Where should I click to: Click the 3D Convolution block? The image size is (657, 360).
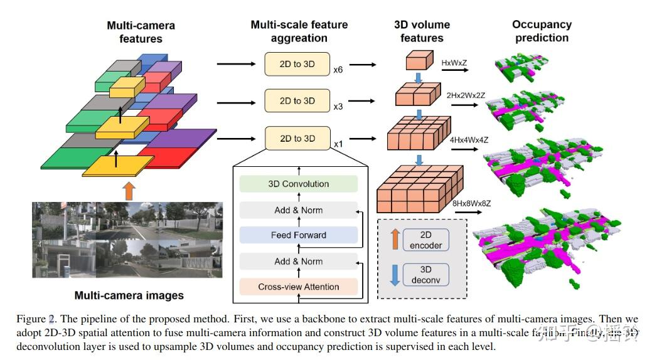pos(299,184)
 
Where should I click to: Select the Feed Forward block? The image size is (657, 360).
pos(299,235)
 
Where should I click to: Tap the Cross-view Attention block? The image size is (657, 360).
pos(299,287)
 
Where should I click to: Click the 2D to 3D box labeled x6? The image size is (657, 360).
pos(297,64)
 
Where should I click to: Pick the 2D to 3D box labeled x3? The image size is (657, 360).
pos(297,100)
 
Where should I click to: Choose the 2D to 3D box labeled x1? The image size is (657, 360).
pos(297,138)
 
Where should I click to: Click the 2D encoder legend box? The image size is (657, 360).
pos(425,240)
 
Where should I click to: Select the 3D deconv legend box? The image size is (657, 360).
pos(425,275)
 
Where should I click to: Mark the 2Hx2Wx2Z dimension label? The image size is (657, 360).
pos(466,95)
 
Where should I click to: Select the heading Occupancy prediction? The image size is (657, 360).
pos(542,31)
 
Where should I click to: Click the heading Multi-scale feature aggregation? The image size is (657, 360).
pos(299,31)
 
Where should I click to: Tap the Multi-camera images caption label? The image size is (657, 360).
pos(129,295)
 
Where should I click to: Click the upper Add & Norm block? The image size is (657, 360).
pos(299,209)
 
